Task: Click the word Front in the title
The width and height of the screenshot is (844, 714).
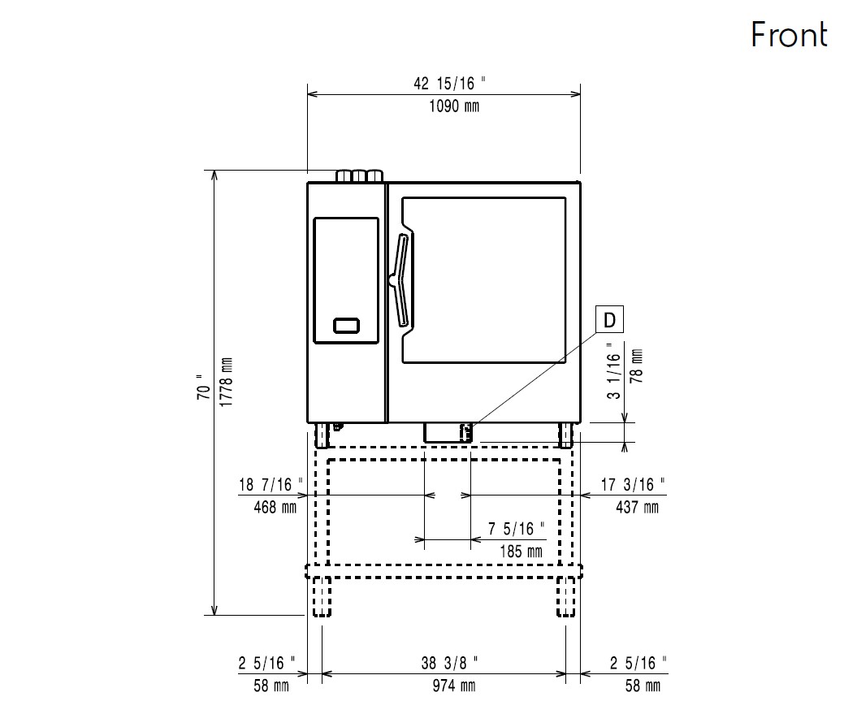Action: point(788,35)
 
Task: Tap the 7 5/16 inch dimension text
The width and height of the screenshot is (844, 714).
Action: point(517,530)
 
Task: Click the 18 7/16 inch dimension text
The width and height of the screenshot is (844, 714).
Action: point(271,485)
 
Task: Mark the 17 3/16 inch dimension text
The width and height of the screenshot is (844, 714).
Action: point(633,485)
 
